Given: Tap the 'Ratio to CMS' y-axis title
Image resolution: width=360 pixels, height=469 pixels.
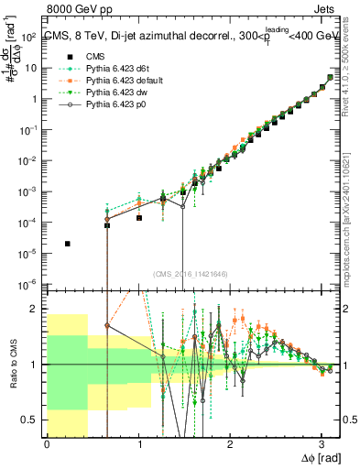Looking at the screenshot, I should [12, 364].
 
